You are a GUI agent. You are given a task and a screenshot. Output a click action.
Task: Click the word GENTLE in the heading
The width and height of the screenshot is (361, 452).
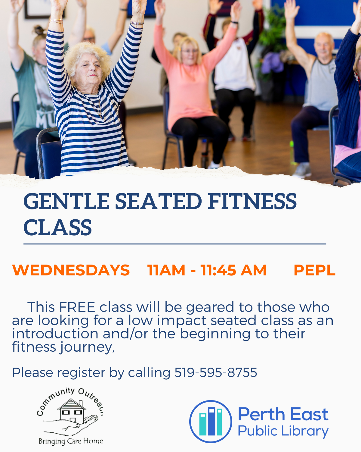coord(66,201)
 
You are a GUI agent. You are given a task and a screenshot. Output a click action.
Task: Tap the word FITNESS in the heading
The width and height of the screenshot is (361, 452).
coord(252,201)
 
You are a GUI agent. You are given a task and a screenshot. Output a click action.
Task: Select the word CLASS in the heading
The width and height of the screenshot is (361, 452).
coord(58,228)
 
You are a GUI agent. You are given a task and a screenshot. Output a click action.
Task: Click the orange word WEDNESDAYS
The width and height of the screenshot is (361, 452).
coord(71,270)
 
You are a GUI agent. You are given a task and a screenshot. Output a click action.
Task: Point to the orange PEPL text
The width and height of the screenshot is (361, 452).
coord(314,270)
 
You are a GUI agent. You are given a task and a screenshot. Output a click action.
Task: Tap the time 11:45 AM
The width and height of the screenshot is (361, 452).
coord(233,270)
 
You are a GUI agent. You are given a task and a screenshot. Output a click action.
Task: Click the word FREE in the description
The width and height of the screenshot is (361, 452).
coord(77,307)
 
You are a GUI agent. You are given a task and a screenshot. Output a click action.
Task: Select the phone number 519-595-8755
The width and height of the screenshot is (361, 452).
coord(216,373)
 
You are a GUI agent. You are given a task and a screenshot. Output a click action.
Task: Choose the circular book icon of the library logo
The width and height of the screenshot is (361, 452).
coord(211,422)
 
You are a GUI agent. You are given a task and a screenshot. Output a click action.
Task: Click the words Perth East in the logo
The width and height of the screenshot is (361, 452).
coord(283,414)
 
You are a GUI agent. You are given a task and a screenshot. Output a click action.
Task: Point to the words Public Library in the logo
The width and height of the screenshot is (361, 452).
coord(283,431)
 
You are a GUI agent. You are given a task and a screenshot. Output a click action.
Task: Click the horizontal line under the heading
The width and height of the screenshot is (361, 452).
coord(175,244)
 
